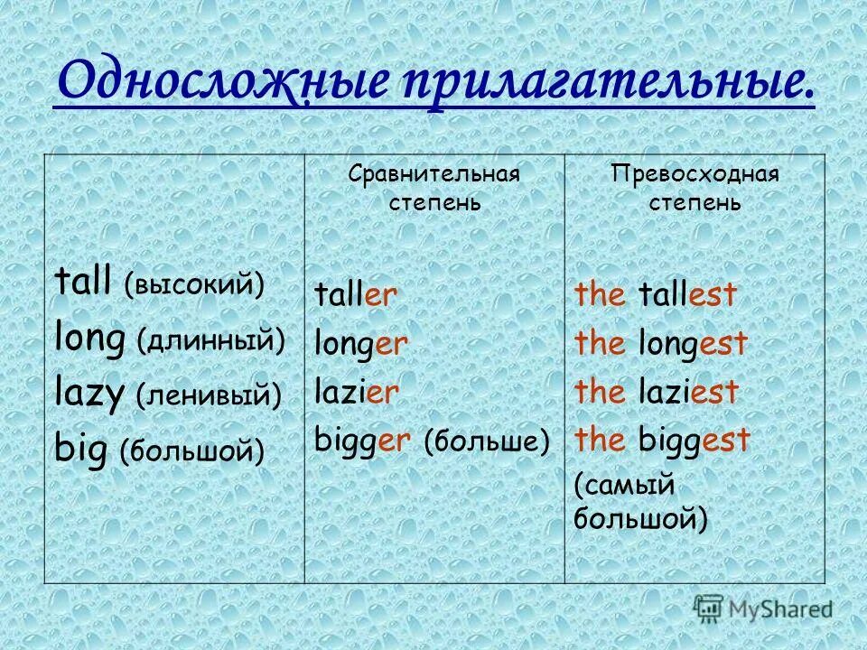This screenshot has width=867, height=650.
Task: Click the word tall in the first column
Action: (82, 284)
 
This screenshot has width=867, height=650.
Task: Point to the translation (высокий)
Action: (195, 286)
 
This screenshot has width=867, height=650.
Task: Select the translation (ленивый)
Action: (209, 395)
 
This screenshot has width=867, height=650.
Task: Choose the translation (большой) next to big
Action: (192, 450)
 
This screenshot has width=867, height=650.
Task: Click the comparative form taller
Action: (356, 296)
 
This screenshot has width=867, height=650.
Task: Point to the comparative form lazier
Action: (356, 392)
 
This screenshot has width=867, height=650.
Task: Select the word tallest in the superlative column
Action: (687, 294)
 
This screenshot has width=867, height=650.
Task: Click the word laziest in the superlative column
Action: (688, 392)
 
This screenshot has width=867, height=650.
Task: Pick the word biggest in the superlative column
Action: (695, 441)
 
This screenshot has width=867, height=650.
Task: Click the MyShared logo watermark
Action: (763, 608)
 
